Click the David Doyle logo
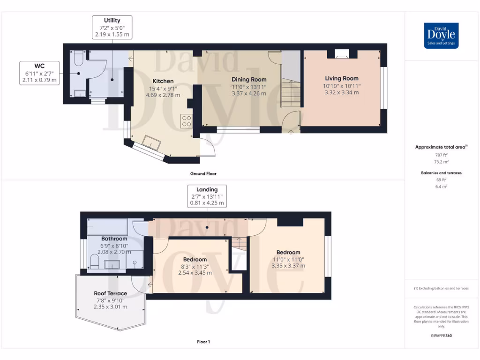point(441,36)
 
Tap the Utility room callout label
point(112,27)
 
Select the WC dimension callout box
point(40,73)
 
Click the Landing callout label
point(207,196)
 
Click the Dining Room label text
point(249,86)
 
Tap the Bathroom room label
point(114,245)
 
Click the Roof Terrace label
point(110,300)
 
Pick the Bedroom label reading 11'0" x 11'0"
point(288,259)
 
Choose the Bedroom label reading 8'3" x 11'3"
point(195,266)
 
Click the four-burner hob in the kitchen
point(186,121)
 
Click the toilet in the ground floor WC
point(78,59)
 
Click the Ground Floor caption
point(203,173)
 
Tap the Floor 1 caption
point(203,342)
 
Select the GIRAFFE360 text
point(442,336)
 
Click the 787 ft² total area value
point(441,154)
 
